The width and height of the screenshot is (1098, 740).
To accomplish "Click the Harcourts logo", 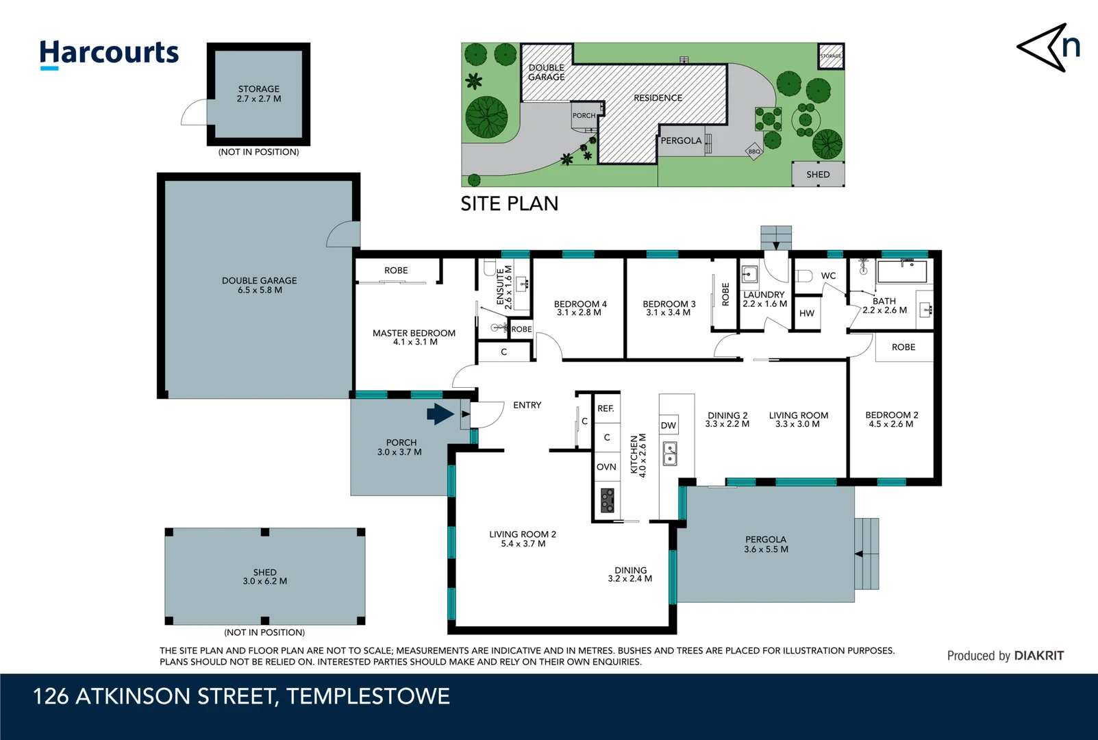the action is [109, 54].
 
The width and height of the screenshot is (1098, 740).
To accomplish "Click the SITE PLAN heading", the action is [510, 203].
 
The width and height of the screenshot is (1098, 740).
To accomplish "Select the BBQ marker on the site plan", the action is [754, 151].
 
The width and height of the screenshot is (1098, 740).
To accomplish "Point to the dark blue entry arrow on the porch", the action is [440, 414].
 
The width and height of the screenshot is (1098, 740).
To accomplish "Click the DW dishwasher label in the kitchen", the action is [668, 425].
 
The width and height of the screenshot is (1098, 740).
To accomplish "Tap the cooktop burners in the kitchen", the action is [608, 500].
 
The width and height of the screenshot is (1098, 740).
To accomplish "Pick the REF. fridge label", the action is [606, 408].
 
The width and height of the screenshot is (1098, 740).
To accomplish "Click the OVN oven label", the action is [606, 467].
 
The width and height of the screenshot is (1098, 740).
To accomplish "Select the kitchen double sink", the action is [670, 453].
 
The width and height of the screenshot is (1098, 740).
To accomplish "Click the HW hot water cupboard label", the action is [806, 313].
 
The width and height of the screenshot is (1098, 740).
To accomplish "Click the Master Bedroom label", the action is [414, 337].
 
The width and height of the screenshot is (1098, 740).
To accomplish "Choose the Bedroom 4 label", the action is [580, 308].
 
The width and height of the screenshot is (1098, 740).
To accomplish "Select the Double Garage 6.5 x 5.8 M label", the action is [260, 285].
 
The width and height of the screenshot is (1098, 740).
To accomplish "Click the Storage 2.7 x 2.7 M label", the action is [259, 94].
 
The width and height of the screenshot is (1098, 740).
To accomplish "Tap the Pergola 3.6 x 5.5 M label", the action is [766, 544].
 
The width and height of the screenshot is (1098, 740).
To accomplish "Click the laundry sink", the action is [749, 274].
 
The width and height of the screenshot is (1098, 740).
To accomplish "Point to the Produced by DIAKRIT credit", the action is [1006, 656].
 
